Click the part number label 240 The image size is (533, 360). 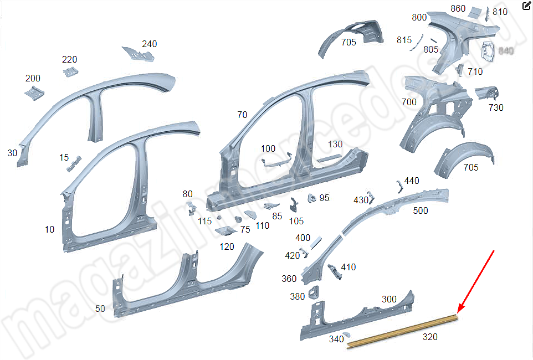(150, 44)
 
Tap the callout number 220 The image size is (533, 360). (69, 60)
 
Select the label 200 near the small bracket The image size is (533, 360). (33, 79)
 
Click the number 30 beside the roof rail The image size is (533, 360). (13, 152)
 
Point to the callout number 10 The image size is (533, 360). (49, 229)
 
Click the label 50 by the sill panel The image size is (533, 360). (100, 309)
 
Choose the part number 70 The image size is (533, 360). (242, 115)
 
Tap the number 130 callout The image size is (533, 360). (335, 144)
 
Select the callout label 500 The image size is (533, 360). (421, 210)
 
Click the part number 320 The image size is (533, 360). (430, 337)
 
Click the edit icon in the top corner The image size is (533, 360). (526, 7)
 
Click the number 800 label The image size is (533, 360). (419, 17)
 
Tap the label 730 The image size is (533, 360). (496, 107)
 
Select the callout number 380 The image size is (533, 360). (297, 296)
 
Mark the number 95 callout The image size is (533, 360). (324, 198)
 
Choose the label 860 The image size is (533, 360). (458, 8)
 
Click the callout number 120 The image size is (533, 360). (227, 246)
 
